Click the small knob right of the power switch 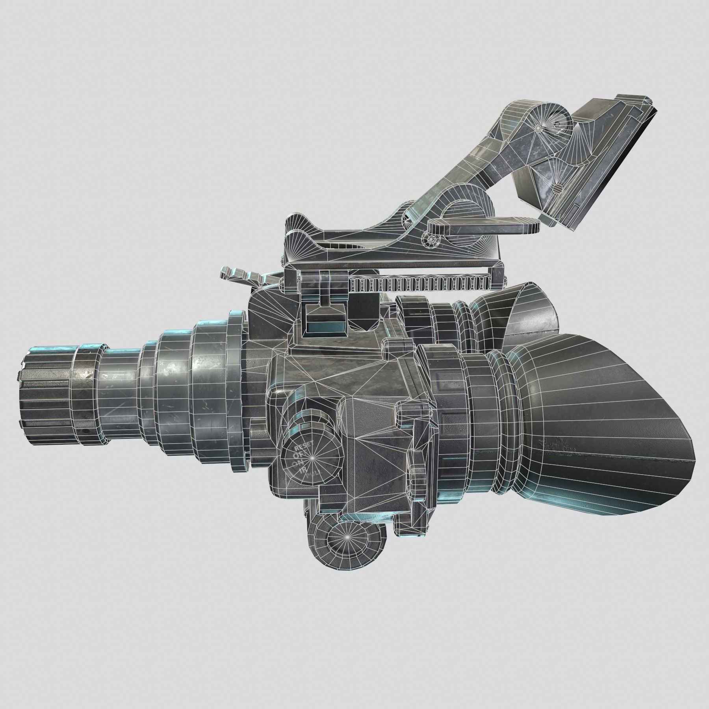418,477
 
